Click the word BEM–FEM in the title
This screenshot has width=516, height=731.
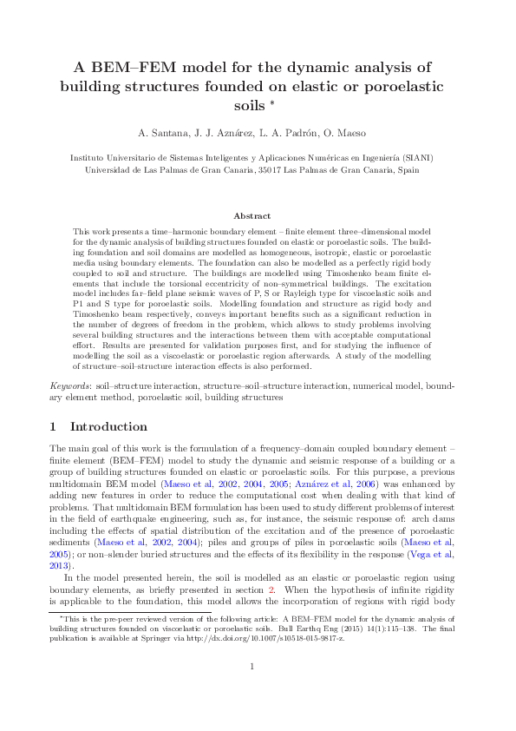point(125,66)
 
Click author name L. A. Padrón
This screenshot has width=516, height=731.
point(287,133)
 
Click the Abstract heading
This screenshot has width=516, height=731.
point(252,215)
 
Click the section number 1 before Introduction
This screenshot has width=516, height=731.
point(53,427)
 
